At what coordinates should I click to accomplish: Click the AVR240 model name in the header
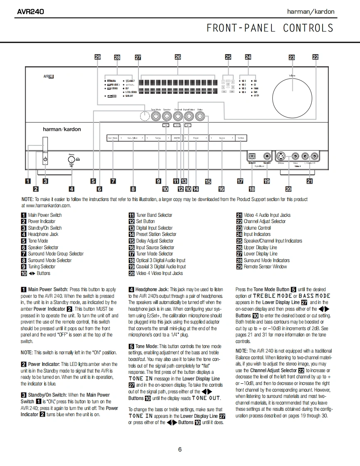[30, 12]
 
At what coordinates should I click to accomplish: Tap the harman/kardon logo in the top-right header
[311, 12]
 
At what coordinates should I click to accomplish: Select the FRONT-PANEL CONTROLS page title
[270, 28]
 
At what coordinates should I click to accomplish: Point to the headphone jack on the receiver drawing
[71, 159]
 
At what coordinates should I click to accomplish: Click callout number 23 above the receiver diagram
[291, 57]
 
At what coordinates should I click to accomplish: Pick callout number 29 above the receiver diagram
[97, 57]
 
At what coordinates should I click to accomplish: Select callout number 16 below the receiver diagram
[221, 189]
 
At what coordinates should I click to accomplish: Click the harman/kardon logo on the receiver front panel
[62, 129]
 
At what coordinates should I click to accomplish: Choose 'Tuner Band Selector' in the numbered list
[154, 215]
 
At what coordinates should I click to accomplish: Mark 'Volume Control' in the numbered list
[257, 228]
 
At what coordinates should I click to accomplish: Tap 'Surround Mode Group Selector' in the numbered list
[56, 254]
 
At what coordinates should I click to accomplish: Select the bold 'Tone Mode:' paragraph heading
[146, 346]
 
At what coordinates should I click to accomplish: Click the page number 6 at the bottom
[180, 449]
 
